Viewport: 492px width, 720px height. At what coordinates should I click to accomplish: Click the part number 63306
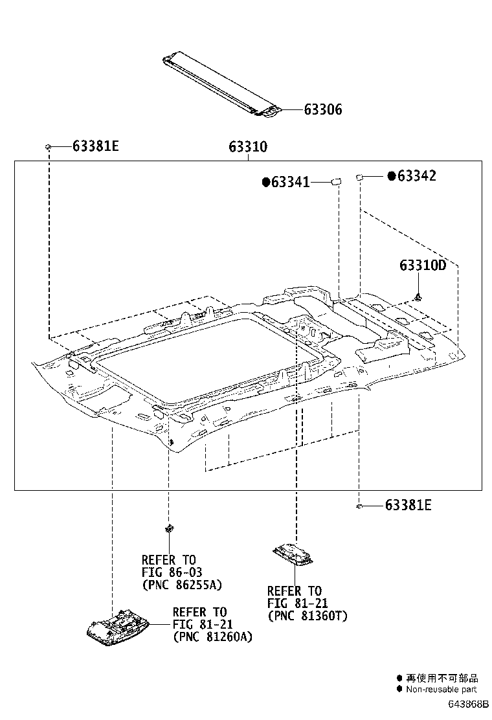tap(323, 110)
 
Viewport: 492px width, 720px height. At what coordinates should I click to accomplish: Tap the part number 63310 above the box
tap(247, 148)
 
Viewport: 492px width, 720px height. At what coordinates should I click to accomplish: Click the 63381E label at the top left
tap(96, 146)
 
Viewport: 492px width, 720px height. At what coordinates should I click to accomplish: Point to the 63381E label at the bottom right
tap(408, 505)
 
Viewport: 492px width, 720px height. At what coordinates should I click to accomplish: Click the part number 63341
tap(290, 183)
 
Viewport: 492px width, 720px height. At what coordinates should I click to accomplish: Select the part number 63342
tap(416, 176)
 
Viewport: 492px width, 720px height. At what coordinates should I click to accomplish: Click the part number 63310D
tap(423, 266)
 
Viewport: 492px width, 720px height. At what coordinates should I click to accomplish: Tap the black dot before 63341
tap(265, 183)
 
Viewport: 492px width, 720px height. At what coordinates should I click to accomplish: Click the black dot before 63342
tap(391, 176)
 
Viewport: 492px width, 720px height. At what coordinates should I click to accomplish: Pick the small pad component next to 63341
tap(337, 182)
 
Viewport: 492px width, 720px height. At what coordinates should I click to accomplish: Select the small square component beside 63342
tap(360, 176)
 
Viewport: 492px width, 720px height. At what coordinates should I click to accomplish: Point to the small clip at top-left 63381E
tap(49, 147)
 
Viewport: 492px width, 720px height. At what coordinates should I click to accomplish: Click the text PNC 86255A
tap(181, 585)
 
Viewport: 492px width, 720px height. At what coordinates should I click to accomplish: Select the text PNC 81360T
tap(307, 616)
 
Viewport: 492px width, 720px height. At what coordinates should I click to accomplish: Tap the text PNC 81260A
tap(212, 637)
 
